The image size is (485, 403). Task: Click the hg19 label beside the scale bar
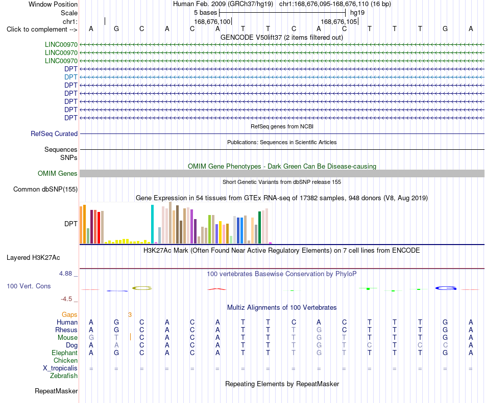(357, 13)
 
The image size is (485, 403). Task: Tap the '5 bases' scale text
(205, 13)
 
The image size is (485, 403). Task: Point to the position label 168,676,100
(212, 21)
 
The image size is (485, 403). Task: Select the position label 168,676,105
(338, 21)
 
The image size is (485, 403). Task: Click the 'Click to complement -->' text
(42, 30)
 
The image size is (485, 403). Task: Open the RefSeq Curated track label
(54, 133)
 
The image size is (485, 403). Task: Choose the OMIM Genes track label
(57, 173)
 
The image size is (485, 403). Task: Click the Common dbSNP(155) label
(45, 189)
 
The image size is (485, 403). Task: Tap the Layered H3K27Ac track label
(33, 258)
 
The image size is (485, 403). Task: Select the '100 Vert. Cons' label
(29, 286)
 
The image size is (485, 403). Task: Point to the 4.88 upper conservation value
(65, 274)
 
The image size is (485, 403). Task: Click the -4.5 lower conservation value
(66, 299)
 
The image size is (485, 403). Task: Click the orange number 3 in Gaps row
(130, 314)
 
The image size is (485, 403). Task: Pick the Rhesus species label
(66, 330)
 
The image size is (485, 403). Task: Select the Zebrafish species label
(64, 375)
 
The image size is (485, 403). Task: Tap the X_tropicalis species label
(60, 368)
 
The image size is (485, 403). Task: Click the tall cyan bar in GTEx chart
(152, 224)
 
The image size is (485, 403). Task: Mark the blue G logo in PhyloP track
(446, 288)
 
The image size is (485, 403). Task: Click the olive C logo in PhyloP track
(142, 288)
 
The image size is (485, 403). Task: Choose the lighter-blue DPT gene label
(71, 77)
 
